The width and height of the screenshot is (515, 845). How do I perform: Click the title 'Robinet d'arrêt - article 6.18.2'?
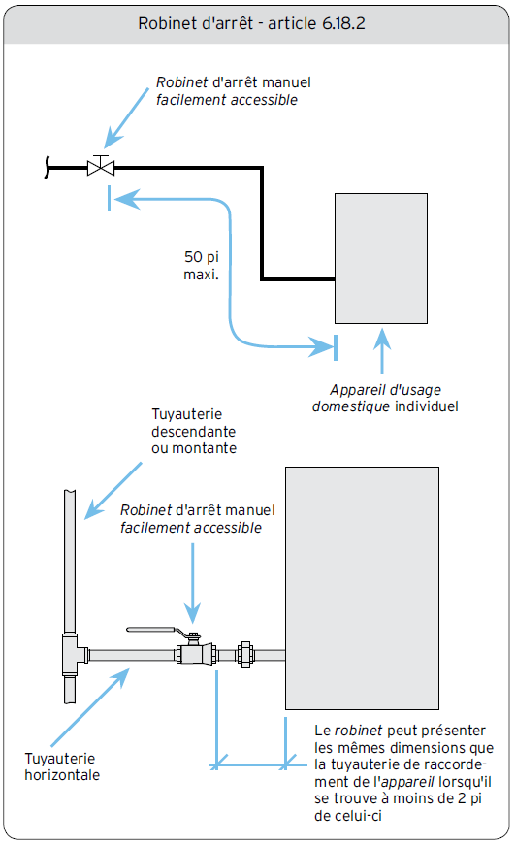251,23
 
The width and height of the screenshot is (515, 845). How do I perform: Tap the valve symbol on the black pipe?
101,166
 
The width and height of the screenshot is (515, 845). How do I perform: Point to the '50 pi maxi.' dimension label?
202,265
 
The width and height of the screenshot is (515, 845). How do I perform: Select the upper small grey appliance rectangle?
381,258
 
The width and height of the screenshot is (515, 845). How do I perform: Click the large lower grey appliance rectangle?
362,588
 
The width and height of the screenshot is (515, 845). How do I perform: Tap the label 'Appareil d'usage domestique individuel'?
385,398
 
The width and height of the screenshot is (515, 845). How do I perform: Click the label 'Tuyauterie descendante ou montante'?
194,431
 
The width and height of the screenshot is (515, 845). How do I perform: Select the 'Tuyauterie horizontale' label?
62,766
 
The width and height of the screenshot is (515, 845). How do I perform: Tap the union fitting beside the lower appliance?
245,655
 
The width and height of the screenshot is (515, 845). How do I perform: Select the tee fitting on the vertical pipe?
73,654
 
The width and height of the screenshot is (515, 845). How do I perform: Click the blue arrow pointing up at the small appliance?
382,351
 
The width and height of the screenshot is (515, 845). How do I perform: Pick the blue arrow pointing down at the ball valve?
192,583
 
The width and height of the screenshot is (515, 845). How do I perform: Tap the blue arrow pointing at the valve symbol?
126,118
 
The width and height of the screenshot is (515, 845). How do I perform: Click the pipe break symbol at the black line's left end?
48,167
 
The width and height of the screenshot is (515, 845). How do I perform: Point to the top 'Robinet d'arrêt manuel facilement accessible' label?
234,91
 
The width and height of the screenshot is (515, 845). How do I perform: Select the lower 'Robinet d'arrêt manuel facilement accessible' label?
197,518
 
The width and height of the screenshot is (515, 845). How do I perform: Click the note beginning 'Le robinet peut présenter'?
403,773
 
